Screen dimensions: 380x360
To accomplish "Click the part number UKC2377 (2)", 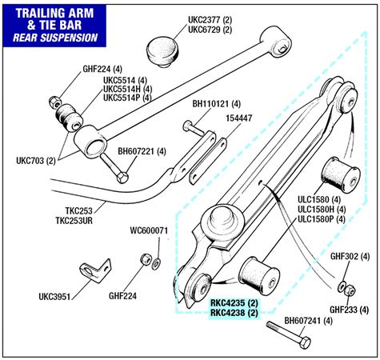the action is point(210,20).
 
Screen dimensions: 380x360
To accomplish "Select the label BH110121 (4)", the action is point(217,104).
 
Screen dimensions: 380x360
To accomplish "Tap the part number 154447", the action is point(239,118).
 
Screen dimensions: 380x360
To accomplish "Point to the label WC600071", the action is point(149,230).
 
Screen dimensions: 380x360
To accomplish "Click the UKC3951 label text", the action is point(54,297).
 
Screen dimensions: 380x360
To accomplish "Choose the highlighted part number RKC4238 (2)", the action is point(234,313).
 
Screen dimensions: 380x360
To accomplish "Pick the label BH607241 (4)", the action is point(309,321).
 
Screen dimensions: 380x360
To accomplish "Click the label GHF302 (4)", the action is point(350,257).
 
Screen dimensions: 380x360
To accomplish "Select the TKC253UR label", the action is point(74,221).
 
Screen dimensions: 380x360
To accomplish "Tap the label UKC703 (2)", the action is point(36,161).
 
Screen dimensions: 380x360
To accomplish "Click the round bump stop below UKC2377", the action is point(162,52).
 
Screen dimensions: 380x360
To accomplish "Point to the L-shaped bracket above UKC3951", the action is point(96,270).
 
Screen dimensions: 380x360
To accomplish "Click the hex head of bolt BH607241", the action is point(305,342).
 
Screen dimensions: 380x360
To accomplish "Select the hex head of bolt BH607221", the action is point(122,178).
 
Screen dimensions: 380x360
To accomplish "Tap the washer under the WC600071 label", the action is point(156,263).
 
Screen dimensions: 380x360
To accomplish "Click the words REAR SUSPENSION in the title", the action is point(55,38).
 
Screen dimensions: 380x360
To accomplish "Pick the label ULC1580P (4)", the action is point(322,219).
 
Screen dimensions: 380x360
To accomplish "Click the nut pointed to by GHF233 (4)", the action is point(349,290).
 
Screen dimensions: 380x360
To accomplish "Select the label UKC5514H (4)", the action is point(127,89).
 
